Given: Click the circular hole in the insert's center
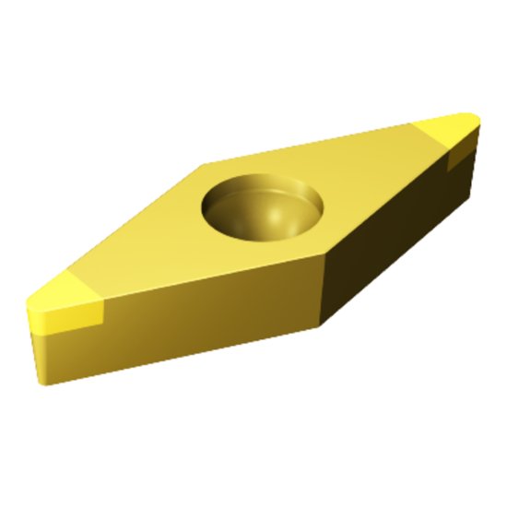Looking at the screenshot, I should tap(264, 207).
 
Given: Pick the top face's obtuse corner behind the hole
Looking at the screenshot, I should tap(205, 166).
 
